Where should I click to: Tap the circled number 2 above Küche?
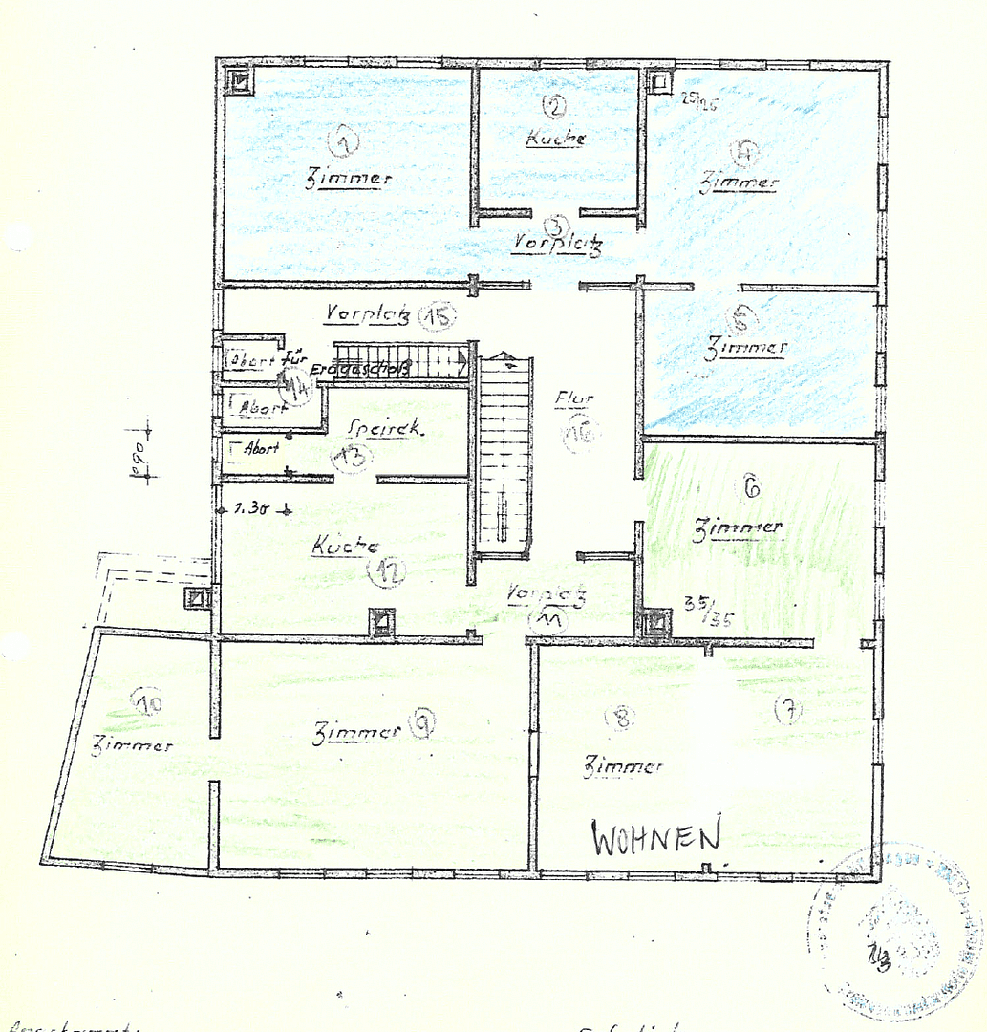point(554,108)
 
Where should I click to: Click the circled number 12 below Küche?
point(387,571)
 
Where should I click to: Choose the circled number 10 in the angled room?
point(148,704)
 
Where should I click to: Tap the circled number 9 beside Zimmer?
point(420,726)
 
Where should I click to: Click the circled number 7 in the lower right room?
point(789,710)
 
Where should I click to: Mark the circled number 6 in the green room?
point(751,486)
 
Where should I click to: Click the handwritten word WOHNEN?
point(655,837)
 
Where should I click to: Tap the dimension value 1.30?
point(250,508)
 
